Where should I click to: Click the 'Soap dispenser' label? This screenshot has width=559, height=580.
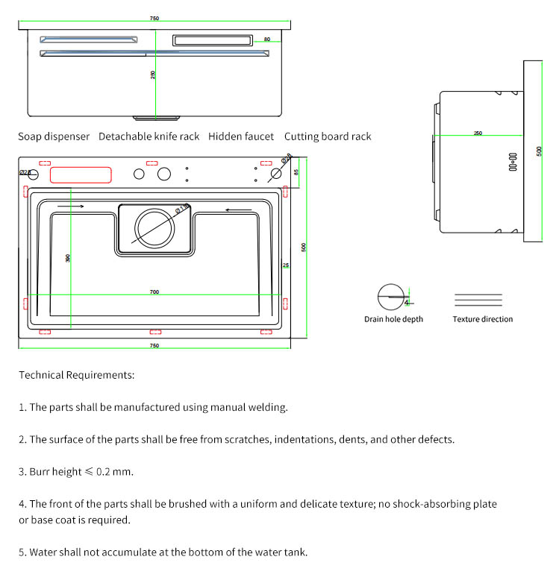pos(54,137)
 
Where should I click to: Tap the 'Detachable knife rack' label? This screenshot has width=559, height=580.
pos(149,137)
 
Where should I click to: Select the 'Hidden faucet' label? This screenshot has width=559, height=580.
pos(241,137)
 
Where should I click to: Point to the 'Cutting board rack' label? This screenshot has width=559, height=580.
pos(328,137)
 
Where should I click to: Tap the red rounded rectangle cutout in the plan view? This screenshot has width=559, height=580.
pos(80,176)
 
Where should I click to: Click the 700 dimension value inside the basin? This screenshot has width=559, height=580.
pos(154,291)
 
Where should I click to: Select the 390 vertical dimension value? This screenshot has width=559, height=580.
pos(68,258)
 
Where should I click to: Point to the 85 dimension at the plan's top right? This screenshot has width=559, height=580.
pos(296,172)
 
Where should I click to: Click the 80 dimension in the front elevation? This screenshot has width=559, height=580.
pos(266,40)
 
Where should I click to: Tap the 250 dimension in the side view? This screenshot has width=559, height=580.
pos(478,133)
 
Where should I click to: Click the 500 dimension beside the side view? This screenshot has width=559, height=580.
pos(539,151)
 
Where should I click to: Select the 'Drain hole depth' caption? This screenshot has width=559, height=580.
pos(393,319)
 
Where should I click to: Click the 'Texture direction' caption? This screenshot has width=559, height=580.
pos(483,319)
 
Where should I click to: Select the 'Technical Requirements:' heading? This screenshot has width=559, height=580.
pos(77,375)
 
